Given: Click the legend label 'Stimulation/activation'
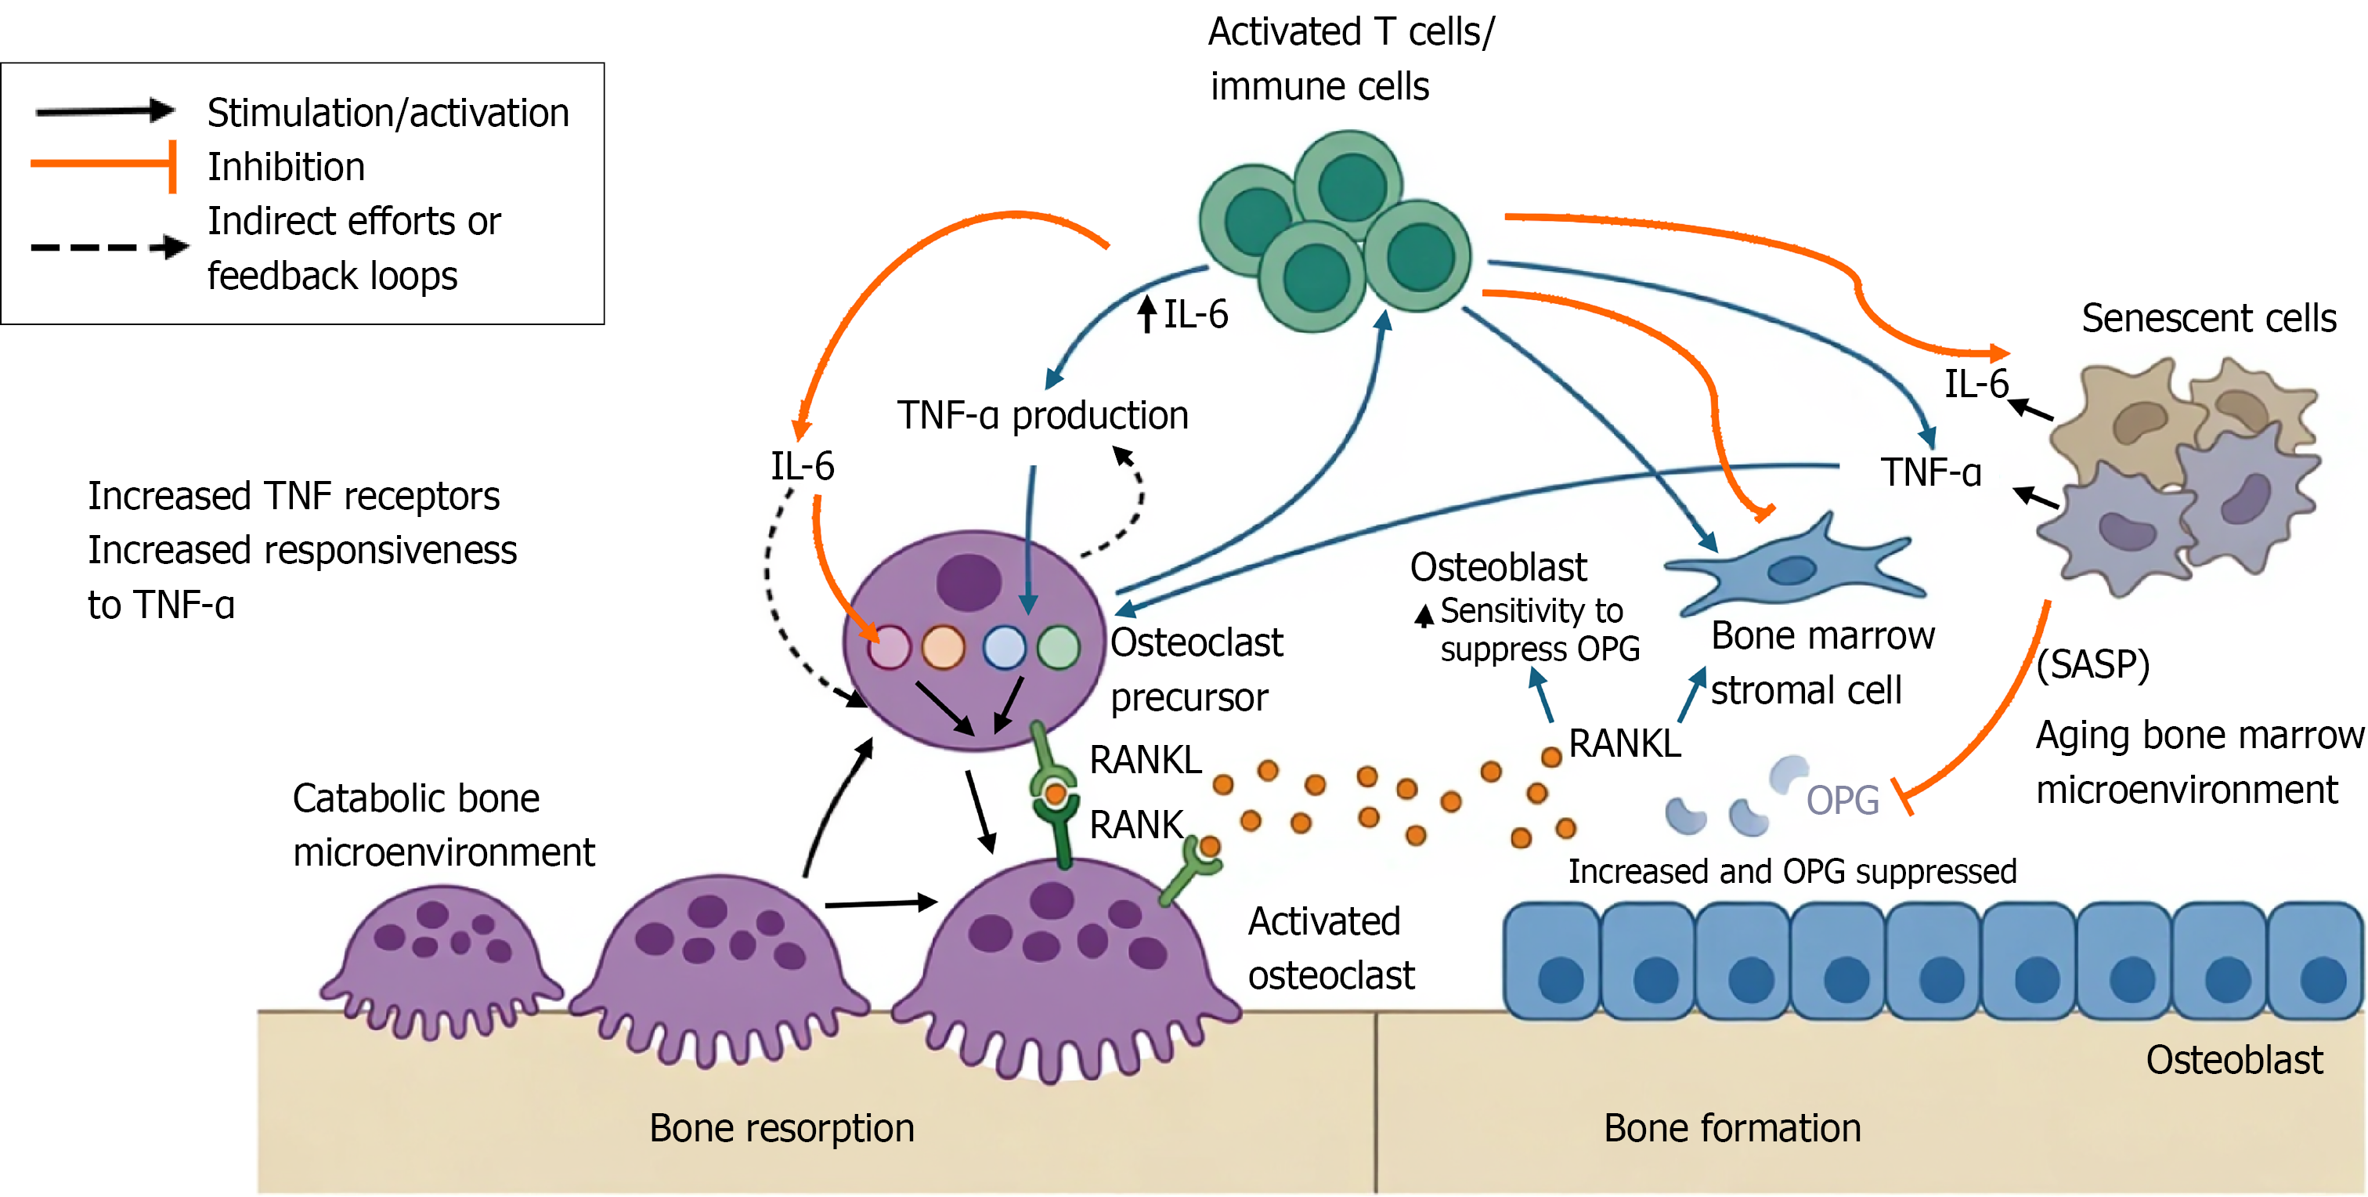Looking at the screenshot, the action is point(388,113).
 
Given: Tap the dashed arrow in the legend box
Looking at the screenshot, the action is point(110,247).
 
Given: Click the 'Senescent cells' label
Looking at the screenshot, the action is point(2208,318).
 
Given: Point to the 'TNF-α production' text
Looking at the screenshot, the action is point(1042,415).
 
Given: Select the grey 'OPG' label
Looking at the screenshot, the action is point(1843,800).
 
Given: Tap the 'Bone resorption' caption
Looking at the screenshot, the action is point(782,1129).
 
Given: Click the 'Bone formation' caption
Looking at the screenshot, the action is point(1732,1128).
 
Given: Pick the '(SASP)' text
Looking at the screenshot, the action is point(2092,664).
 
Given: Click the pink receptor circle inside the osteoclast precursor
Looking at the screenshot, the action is point(889,647).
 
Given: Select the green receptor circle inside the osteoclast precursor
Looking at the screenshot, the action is point(1058,646).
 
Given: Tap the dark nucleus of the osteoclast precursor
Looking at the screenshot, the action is point(969,582).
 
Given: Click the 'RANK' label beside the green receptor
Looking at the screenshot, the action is point(1136,825).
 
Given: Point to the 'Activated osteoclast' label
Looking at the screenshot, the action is point(1331,949).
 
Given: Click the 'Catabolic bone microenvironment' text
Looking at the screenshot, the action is point(443,826).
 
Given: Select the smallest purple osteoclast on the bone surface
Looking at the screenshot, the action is point(440,960).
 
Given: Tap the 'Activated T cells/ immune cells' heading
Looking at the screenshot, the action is point(1352,59).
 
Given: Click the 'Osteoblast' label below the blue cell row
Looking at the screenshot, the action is point(2234,1060).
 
